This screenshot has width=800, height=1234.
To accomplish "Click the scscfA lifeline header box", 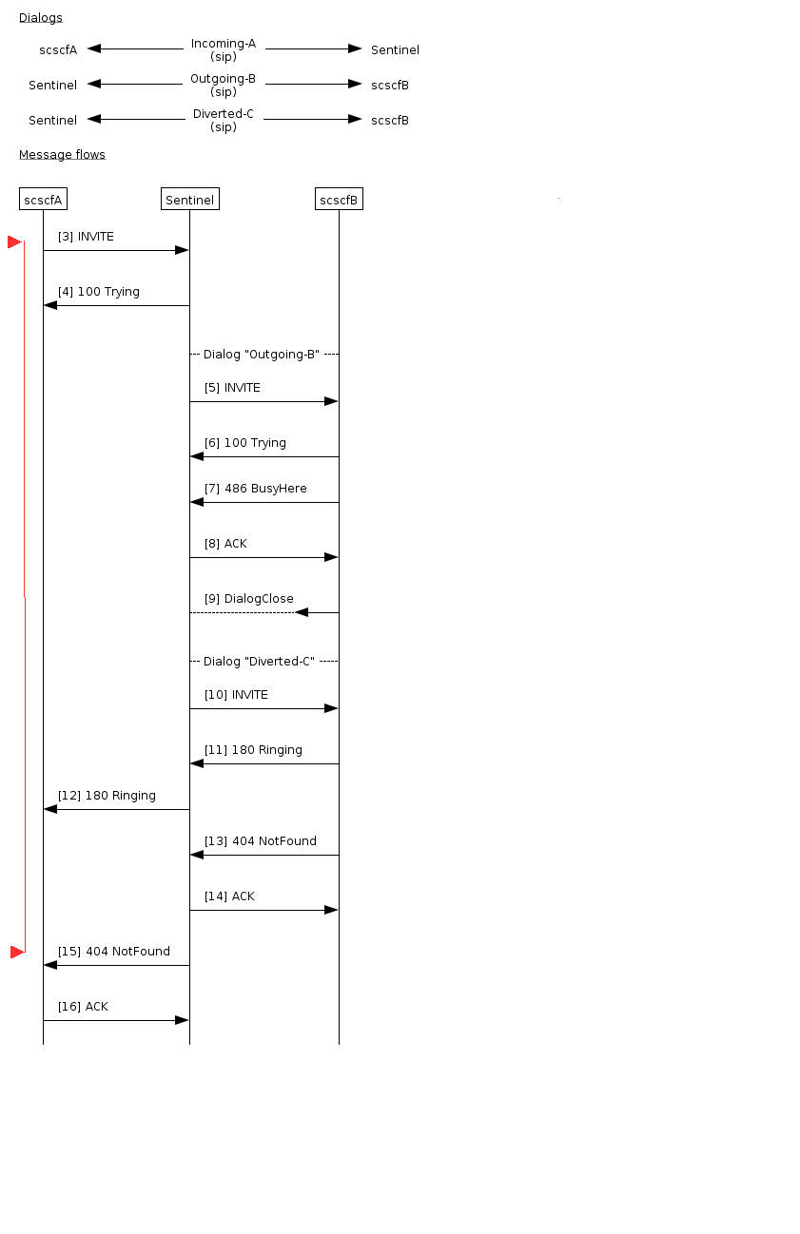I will coord(43,200).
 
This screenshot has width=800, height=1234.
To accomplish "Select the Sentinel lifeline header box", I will coord(190,200).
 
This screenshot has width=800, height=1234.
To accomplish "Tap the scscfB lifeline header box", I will coord(339,200).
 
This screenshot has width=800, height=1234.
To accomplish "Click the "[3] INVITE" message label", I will coord(86,237).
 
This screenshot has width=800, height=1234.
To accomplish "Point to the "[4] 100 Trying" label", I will coord(99,292).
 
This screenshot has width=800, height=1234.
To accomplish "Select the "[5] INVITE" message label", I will coord(232,388).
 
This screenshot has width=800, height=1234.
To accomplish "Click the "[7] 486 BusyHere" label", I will coord(255,489).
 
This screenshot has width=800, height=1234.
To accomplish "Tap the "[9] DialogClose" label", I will coord(248,599).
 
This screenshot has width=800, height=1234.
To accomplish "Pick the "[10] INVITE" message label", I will coord(236,695).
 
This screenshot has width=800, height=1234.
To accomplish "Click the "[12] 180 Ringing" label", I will coord(107,796).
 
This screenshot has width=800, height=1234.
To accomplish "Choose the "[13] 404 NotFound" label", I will coord(260,841).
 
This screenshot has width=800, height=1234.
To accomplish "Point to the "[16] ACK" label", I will coord(83,1007).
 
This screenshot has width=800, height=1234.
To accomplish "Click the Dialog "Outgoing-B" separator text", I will coord(262,355).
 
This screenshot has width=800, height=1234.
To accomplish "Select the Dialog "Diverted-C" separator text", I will coord(259,662).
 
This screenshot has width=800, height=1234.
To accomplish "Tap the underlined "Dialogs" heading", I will coord(41,18).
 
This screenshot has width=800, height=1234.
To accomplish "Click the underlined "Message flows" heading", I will coord(62,155).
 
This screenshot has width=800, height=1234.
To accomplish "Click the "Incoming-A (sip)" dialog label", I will coord(224,50).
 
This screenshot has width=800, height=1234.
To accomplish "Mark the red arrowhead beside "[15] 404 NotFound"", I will coord(16,952).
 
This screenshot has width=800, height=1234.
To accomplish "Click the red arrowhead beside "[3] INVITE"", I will coord(14,242).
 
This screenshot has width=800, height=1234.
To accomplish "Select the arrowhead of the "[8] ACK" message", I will coord(331,557).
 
